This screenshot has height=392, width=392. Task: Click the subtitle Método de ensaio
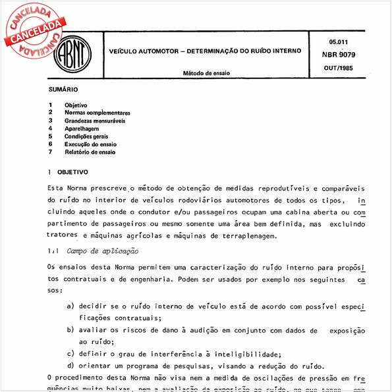click(x=207, y=73)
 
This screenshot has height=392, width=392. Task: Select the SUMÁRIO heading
click(x=63, y=89)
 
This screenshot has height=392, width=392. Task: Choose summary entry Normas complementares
click(x=97, y=113)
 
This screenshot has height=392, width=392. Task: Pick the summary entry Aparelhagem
click(x=82, y=128)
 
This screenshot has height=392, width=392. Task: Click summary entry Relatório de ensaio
click(x=90, y=152)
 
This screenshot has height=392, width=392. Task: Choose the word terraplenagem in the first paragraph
click(x=258, y=235)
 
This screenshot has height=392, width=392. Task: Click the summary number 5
click(x=50, y=136)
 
